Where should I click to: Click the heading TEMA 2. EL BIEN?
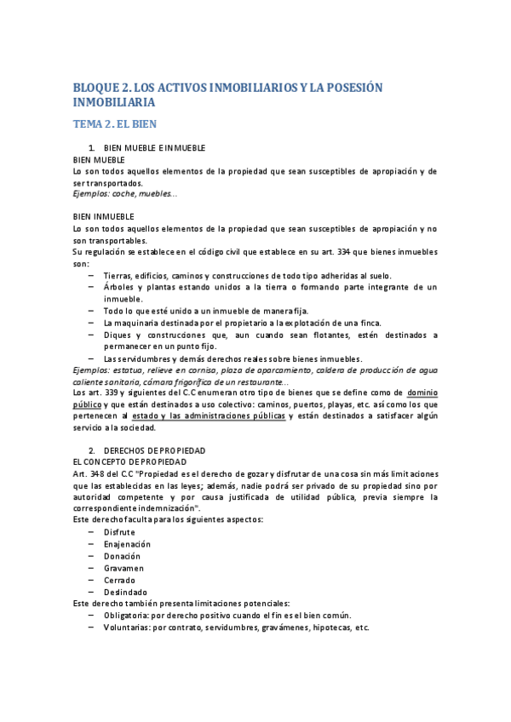pos(115,123)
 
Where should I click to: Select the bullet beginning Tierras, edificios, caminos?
pos(247,277)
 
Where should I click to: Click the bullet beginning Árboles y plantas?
pos(270,288)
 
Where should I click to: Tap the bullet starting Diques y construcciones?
pos(270,335)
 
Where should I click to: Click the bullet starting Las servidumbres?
pos(232,358)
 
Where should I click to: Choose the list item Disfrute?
pos(118,531)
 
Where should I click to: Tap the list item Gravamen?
pos(123,568)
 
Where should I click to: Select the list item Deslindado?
pos(124,592)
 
